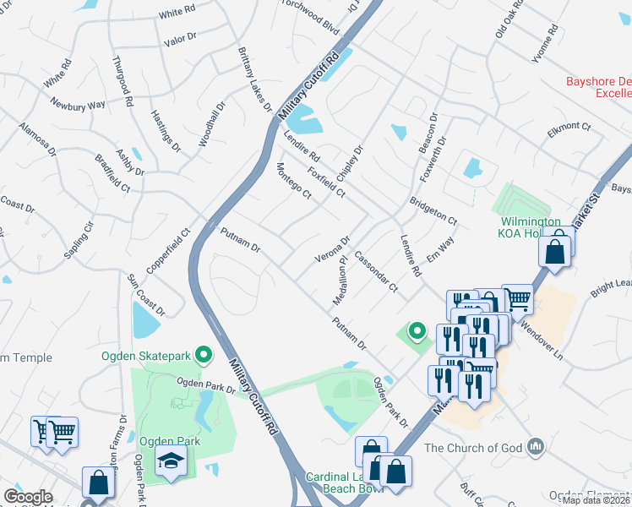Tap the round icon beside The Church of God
click(x=534, y=446)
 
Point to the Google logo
click(x=29, y=497)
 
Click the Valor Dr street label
click(x=179, y=38)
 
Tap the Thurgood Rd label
click(x=123, y=82)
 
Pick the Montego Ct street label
click(x=294, y=181)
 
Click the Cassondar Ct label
click(x=376, y=271)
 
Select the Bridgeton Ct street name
click(x=433, y=210)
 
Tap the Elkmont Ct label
click(x=569, y=127)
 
